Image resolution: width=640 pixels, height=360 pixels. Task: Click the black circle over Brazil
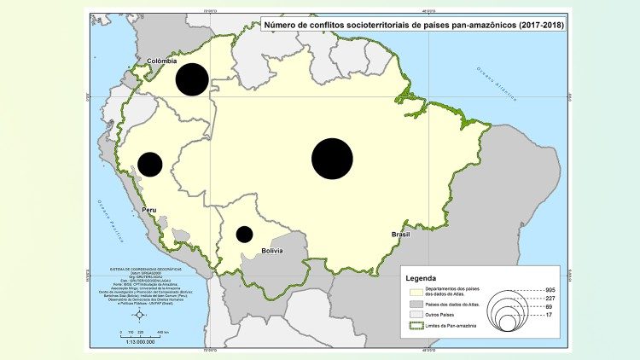pos(333,160)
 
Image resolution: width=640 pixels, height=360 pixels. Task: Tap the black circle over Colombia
pos(192,79)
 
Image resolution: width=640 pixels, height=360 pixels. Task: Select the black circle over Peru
pos(150,164)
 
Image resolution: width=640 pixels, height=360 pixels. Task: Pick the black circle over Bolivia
pos(245,234)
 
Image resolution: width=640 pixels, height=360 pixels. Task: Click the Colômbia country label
pos(161,61)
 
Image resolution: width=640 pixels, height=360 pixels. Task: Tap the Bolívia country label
pos(272,252)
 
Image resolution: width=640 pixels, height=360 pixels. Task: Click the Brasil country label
pos(401,234)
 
